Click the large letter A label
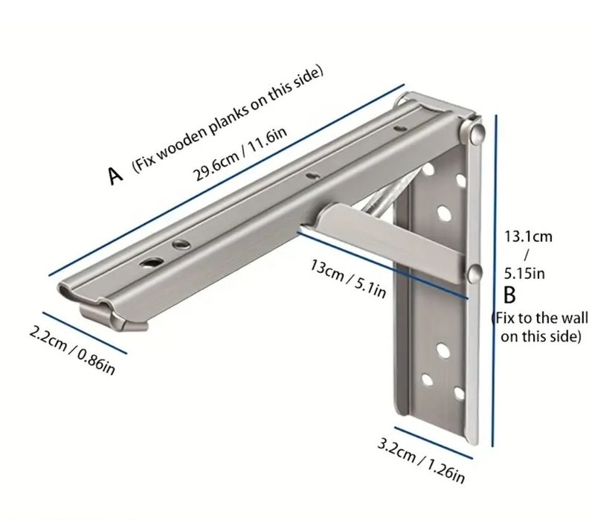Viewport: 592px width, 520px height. tap(116, 176)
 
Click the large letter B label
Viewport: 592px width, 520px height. tap(509, 295)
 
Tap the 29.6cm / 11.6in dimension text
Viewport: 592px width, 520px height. tap(239, 153)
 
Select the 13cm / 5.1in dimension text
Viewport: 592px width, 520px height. tap(348, 278)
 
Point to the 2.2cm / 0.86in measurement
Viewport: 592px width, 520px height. tap(71, 352)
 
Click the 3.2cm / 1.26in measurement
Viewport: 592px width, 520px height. tap(421, 461)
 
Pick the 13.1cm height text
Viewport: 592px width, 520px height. tap(528, 237)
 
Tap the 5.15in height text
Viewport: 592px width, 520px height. tap(524, 273)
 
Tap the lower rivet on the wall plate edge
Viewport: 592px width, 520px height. tap(474, 274)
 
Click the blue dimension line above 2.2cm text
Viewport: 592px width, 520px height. tap(85, 333)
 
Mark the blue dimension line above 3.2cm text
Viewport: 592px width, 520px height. tap(434, 443)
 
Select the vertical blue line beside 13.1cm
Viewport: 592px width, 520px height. tap(495, 280)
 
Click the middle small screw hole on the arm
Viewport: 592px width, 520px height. tap(312, 176)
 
